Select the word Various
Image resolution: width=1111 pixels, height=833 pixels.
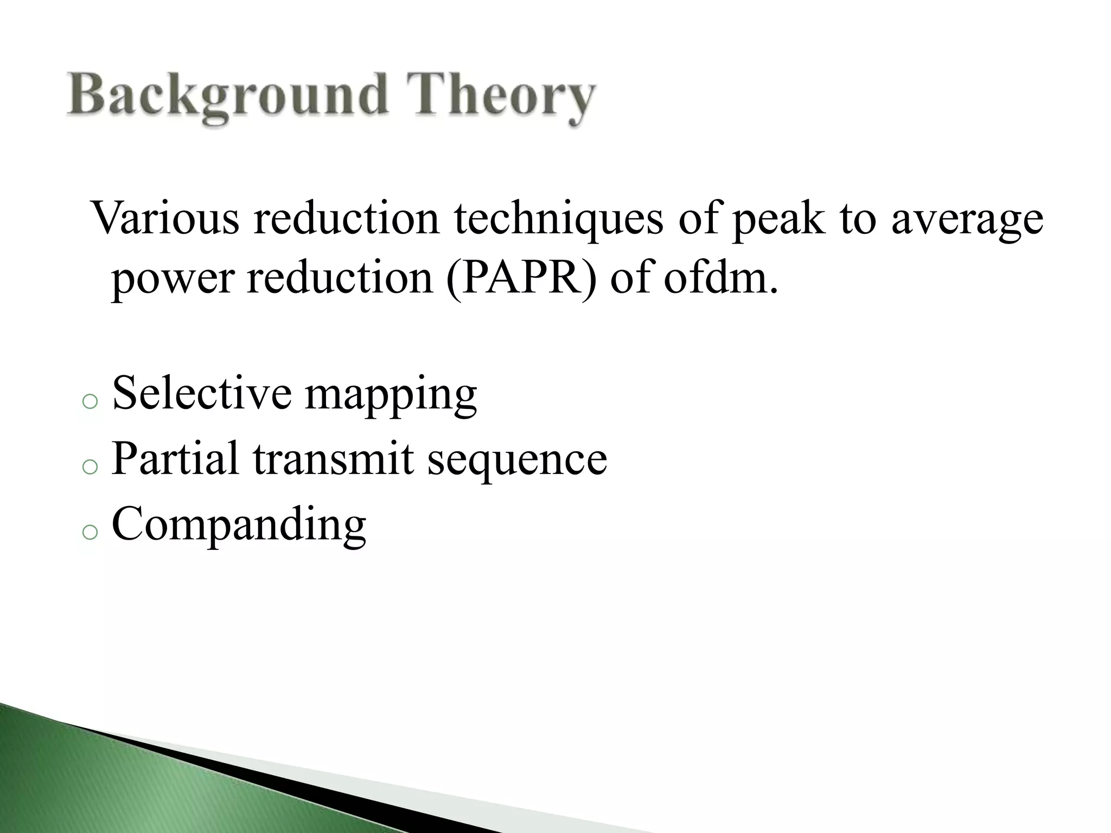(x=165, y=218)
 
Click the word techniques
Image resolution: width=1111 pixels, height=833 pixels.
(x=558, y=218)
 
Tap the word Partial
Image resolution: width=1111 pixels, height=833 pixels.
(x=175, y=459)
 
